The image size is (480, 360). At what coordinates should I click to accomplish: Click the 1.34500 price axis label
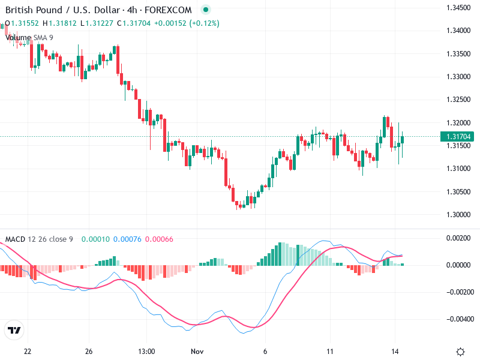pos(458,8)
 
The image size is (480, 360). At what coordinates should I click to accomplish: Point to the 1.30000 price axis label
pos(458,214)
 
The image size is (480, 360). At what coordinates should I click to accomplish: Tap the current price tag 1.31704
pos(459,137)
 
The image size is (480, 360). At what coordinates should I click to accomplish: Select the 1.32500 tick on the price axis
pos(458,100)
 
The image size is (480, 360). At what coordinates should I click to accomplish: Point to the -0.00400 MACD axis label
pos(458,319)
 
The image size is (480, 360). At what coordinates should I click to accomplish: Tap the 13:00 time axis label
pos(146,351)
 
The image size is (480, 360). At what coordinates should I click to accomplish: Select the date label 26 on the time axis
pos(89,351)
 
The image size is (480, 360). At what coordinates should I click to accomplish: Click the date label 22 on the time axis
pos(27,351)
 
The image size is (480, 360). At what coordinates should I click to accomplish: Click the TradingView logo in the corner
pos(14,330)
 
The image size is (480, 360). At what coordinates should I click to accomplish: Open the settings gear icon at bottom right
pos(460,352)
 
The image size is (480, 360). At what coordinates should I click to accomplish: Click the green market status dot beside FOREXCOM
pos(206,10)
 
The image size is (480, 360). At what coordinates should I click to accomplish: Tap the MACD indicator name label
pos(15,239)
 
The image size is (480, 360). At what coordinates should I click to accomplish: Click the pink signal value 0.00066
pos(159,239)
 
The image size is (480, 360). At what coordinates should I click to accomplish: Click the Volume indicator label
pos(17,37)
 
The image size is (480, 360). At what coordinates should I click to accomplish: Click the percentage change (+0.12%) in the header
pos(205,23)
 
